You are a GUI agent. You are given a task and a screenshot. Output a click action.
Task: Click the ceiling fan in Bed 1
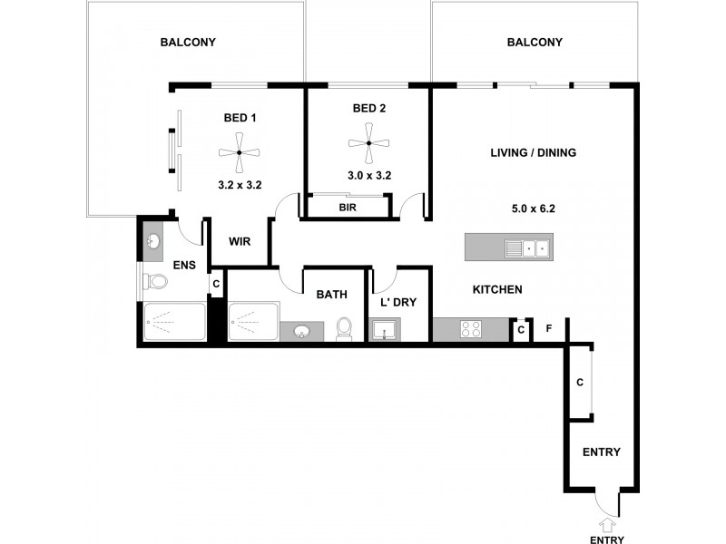pos(239,152)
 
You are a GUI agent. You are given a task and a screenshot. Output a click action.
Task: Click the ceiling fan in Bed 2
pos(368,143)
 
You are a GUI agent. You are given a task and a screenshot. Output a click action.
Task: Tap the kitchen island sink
pos(526,247)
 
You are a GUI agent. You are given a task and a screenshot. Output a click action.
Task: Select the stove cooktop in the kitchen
pos(471,330)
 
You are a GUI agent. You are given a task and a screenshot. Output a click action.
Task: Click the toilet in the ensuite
pos(157,282)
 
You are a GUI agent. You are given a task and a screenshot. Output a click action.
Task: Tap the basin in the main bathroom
pos(299,331)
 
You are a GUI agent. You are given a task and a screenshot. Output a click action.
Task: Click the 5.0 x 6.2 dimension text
pos(533,208)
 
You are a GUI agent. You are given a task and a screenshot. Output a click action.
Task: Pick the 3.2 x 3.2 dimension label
pos(240,183)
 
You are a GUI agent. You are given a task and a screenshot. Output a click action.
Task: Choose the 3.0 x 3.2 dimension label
pos(368,176)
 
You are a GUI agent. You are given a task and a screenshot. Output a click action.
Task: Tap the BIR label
pos(348,208)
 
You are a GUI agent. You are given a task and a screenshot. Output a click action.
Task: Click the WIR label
pos(240,242)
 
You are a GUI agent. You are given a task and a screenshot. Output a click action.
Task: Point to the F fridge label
pos(548,329)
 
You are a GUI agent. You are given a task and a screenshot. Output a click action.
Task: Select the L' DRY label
pos(398,302)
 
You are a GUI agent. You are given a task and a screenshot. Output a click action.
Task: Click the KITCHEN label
pos(496,289)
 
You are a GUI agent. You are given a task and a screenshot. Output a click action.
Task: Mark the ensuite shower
pos(174,321)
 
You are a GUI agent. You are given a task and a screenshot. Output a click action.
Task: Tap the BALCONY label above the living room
pos(535,43)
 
